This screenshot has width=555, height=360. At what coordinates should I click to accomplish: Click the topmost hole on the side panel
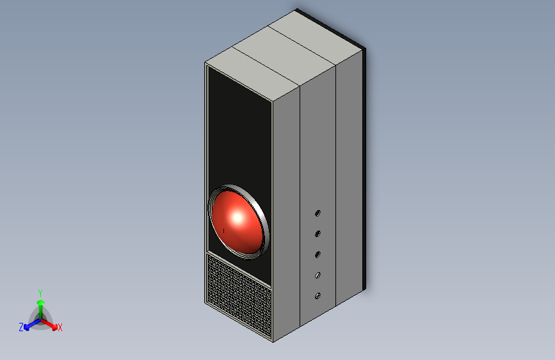click(x=318, y=213)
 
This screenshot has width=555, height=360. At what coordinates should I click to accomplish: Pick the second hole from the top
click(x=318, y=234)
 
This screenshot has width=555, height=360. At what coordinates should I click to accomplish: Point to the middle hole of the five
click(x=318, y=254)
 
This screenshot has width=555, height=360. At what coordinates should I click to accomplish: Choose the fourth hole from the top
click(x=318, y=275)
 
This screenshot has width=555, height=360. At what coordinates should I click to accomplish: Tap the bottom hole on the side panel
click(x=318, y=296)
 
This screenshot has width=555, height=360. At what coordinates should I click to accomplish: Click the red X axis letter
click(x=60, y=327)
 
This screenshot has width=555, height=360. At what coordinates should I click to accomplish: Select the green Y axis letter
click(x=40, y=292)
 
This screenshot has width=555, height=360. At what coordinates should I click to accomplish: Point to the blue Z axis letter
click(x=21, y=327)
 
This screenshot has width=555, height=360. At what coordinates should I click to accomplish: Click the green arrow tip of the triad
click(x=40, y=302)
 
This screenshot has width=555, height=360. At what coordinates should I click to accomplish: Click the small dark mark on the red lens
click(x=224, y=229)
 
